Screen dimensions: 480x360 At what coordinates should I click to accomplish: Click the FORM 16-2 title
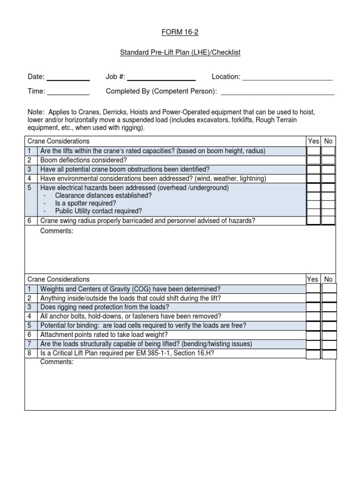pos(180,32)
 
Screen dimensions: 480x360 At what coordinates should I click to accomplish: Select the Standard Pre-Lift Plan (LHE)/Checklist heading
pos(180,52)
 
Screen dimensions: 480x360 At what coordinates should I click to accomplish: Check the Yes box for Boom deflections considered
pos(314,160)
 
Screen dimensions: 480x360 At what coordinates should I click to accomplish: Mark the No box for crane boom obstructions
pos(329,169)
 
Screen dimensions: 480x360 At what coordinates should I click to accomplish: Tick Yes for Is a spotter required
pos(314,203)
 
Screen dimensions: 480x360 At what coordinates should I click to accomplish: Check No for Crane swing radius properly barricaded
pos(329,220)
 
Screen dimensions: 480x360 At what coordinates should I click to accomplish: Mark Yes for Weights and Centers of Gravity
pos(314,289)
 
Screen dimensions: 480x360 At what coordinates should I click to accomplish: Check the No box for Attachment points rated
pos(329,335)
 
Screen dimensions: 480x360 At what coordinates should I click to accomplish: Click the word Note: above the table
pos(36,112)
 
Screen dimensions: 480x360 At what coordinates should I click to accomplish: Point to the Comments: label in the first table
pos(57,231)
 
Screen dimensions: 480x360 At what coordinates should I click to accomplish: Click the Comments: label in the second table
pos(57,362)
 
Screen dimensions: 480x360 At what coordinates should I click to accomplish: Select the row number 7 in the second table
pos(29,344)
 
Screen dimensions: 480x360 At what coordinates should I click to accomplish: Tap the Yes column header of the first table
pos(314,141)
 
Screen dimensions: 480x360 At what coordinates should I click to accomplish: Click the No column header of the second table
pos(329,279)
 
